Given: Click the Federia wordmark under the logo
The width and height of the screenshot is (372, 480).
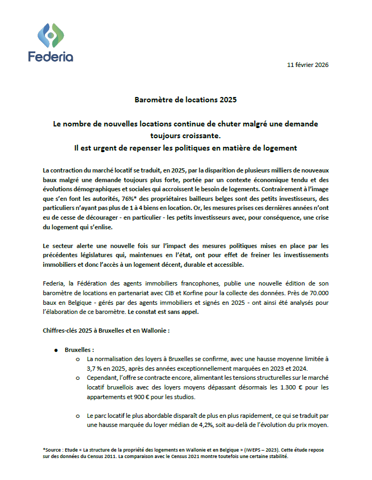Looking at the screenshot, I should click(x=51, y=57).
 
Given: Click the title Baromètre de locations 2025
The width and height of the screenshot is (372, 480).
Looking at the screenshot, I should click(x=185, y=100).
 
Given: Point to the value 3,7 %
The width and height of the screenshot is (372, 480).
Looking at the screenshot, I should click(x=95, y=369).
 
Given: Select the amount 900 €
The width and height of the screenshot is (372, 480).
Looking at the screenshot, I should click(x=141, y=396).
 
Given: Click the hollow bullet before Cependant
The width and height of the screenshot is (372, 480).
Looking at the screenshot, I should click(x=78, y=378).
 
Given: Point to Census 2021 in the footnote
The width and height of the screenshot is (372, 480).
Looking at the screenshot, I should click(x=170, y=456).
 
